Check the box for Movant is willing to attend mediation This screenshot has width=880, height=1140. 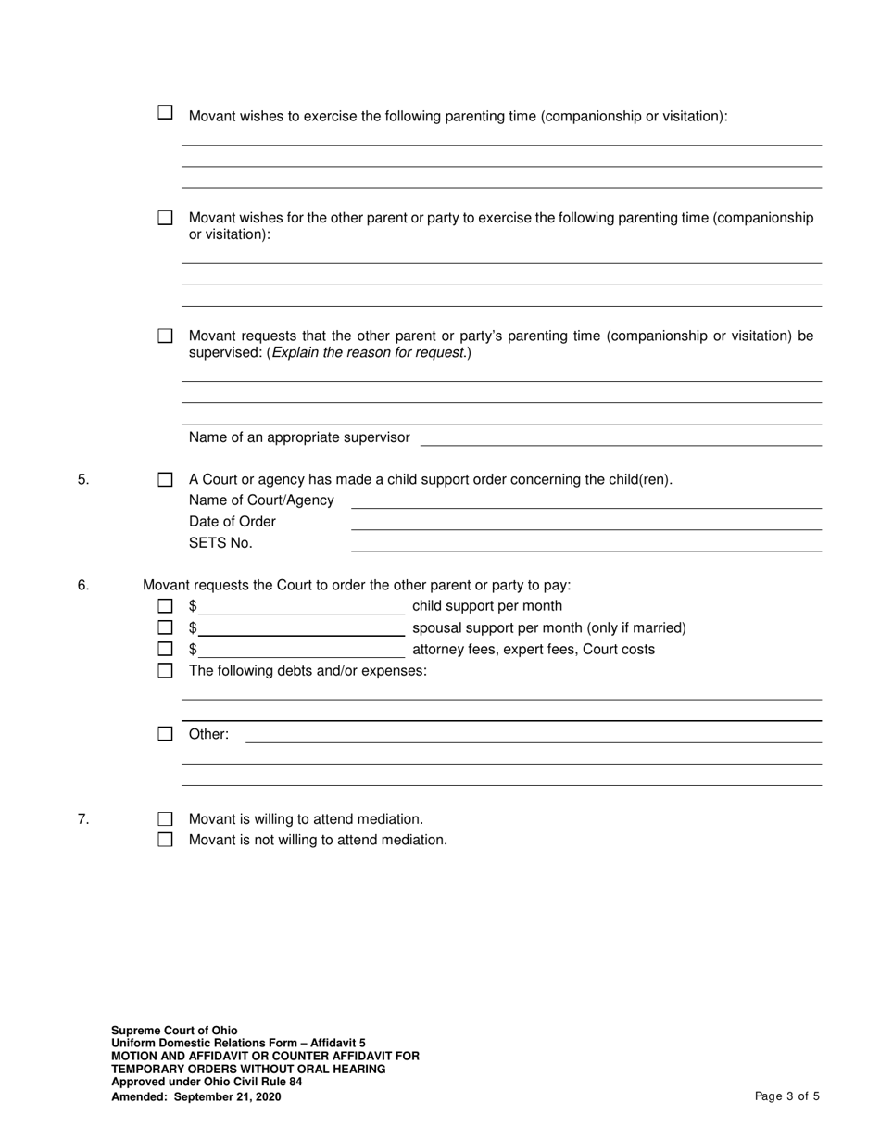click(x=165, y=819)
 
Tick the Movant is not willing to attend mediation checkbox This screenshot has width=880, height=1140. click(x=165, y=840)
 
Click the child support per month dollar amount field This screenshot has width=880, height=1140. click(x=301, y=606)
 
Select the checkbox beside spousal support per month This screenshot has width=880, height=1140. click(x=165, y=627)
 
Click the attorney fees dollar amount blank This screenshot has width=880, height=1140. click(x=301, y=649)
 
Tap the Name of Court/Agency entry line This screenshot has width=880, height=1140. click(x=585, y=500)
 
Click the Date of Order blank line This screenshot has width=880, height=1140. click(x=585, y=522)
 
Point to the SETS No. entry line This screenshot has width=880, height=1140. click(x=585, y=543)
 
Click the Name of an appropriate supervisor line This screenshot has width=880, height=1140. click(x=621, y=437)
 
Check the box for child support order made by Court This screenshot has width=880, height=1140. click(x=165, y=480)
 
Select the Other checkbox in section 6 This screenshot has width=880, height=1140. click(x=165, y=734)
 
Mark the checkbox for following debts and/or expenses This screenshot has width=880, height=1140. click(x=165, y=670)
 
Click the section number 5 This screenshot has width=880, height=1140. click(x=83, y=480)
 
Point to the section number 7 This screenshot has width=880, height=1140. click(x=83, y=819)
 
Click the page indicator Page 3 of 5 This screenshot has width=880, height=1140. click(x=787, y=1096)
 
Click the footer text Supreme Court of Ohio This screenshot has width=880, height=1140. click(x=174, y=1031)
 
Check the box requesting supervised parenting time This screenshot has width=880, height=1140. click(x=165, y=336)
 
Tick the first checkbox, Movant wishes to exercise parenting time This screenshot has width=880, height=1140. click(x=165, y=112)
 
